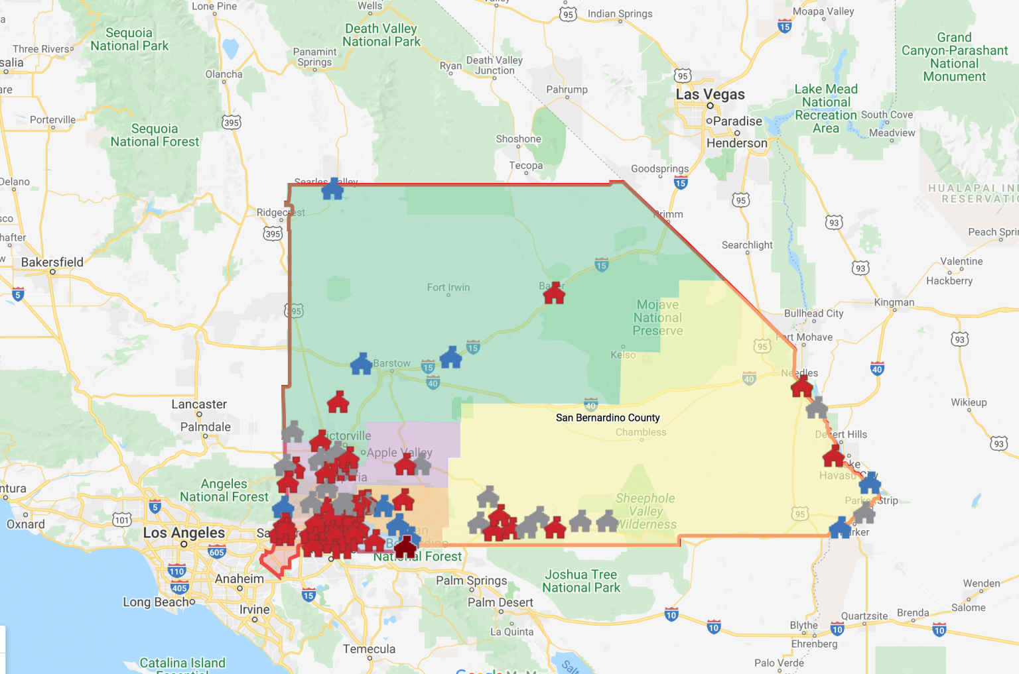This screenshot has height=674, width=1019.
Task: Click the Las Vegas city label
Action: point(710,94)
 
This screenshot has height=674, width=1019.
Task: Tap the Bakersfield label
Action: point(52,262)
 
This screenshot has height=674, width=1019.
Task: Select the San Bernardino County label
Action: point(608,418)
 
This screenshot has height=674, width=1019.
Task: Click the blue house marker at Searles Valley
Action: point(332,189)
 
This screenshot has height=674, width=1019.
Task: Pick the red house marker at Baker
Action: point(554,293)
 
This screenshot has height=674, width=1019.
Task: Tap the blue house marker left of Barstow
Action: point(362,364)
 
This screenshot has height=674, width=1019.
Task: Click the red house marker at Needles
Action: point(802,386)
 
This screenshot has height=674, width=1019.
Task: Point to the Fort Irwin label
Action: point(448,288)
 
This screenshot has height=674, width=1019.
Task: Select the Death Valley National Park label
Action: point(381,35)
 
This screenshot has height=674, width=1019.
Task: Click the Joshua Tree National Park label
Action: point(581,581)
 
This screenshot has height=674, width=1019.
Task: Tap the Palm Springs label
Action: point(471,581)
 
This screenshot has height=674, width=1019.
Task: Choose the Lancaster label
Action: point(199,404)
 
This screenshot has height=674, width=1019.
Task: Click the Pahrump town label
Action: point(567,89)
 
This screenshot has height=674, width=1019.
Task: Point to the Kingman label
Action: point(894,302)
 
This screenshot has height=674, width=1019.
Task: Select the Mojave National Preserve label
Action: point(657,317)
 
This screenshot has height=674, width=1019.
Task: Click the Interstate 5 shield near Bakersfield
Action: point(18,294)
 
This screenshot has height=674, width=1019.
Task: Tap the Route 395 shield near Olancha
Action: point(232,123)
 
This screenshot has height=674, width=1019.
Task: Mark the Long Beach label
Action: point(159,602)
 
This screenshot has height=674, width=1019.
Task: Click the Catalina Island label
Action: point(182,663)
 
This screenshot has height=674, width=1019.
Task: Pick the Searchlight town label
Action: point(747,245)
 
